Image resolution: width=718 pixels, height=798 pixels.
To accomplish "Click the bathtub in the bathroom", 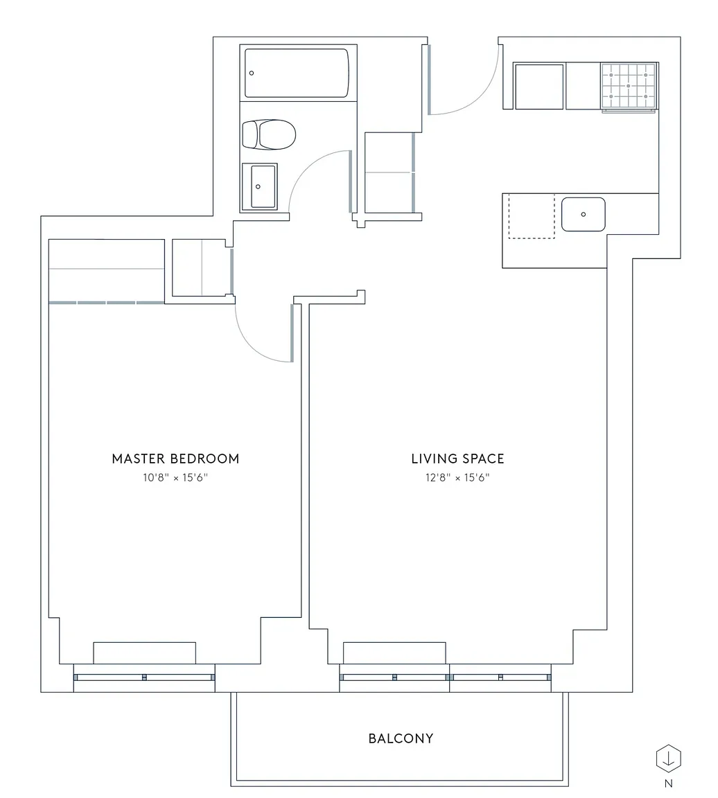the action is click(x=297, y=73).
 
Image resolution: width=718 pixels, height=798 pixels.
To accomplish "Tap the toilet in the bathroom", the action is click(x=269, y=134).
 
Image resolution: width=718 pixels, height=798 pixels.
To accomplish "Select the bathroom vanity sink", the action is click(x=260, y=186).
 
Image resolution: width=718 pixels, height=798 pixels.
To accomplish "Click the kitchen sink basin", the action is click(x=583, y=214).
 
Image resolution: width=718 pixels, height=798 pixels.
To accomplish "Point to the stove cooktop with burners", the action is click(x=629, y=86).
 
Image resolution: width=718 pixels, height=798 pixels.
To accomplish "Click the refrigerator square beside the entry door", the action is click(x=539, y=86).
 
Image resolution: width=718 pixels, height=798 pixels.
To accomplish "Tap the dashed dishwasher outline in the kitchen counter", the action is click(x=532, y=216).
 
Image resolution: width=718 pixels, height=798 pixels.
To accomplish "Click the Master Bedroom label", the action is click(x=175, y=459).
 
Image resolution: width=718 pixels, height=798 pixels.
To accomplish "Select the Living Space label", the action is click(x=458, y=459).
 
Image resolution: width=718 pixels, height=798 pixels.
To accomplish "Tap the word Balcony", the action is click(x=401, y=738).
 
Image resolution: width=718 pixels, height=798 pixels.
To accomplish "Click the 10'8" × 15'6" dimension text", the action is click(x=175, y=477).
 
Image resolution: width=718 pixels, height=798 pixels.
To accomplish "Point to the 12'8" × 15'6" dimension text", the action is click(x=458, y=477).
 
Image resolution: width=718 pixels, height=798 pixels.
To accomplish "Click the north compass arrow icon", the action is click(x=668, y=759).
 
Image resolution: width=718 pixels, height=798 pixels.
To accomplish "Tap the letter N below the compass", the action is click(x=669, y=783).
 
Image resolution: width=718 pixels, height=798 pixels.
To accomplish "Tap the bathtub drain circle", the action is click(x=252, y=73).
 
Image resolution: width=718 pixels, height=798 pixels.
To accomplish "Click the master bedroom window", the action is click(x=145, y=677).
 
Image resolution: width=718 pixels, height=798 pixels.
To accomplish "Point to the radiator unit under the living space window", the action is click(x=394, y=653).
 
